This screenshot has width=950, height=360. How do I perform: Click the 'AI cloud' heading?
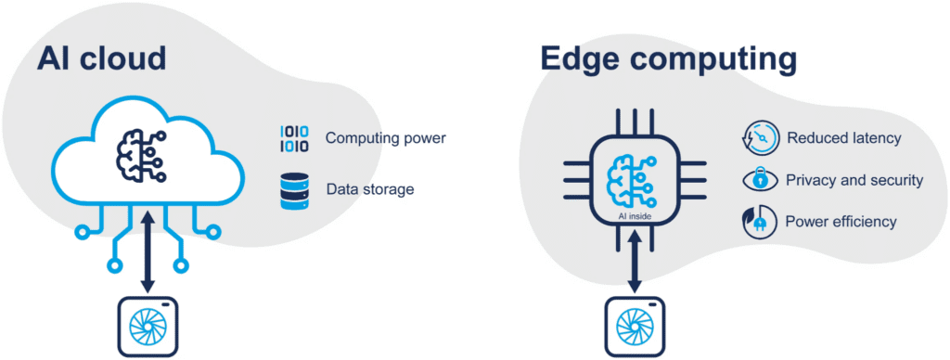pyautogui.click(x=101, y=58)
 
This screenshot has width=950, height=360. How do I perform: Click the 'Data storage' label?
pyautogui.click(x=369, y=189)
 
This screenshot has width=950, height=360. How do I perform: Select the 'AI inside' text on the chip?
pyautogui.click(x=635, y=215)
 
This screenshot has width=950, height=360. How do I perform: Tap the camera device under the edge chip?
pyautogui.click(x=635, y=328)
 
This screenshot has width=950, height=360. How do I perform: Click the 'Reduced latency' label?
pyautogui.click(x=843, y=138)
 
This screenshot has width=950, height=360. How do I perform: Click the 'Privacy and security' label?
pyautogui.click(x=854, y=181)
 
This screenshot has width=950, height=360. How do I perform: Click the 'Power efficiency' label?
pyautogui.click(x=841, y=223)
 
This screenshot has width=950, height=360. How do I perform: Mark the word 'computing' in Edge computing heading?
pyautogui.click(x=716, y=61)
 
